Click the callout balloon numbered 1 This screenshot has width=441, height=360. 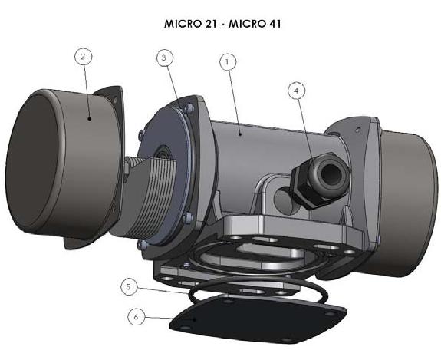[x=228, y=61]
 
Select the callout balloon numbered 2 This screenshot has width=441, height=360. [x=84, y=56]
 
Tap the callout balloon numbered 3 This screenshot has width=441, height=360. [x=165, y=58]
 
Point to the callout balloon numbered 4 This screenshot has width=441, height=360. [x=297, y=90]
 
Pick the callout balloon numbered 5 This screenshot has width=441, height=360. [x=129, y=287]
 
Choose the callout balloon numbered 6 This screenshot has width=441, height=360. [x=137, y=317]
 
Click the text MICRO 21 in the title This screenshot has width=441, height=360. [x=190, y=24]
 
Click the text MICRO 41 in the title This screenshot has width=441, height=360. [x=255, y=24]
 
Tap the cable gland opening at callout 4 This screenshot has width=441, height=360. [x=331, y=172]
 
